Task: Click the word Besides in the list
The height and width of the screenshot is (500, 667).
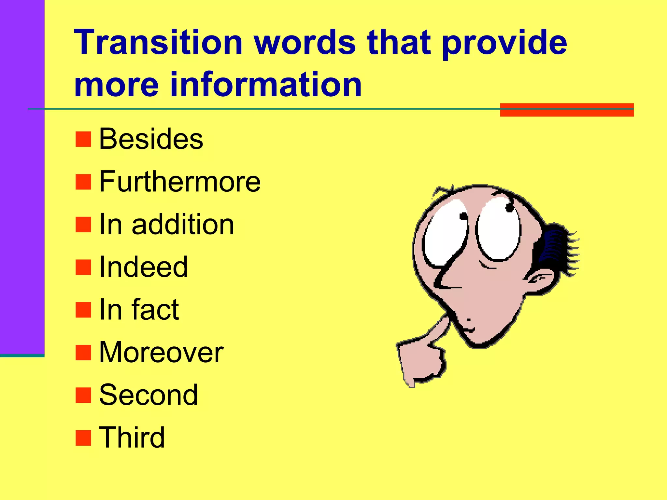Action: click(151, 139)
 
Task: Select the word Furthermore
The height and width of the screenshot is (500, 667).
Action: click(179, 182)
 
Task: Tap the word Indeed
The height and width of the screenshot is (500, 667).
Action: click(143, 267)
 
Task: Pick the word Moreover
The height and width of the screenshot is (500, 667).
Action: click(161, 352)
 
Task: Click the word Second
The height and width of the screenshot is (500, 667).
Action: click(148, 395)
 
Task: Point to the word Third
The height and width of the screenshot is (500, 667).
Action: click(132, 437)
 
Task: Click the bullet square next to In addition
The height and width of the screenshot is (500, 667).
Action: click(83, 225)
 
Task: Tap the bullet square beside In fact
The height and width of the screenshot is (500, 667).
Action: click(83, 310)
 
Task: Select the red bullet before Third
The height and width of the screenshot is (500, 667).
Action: click(83, 438)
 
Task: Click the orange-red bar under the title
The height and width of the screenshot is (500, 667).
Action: click(567, 110)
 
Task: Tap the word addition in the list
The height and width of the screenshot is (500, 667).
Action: click(183, 225)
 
